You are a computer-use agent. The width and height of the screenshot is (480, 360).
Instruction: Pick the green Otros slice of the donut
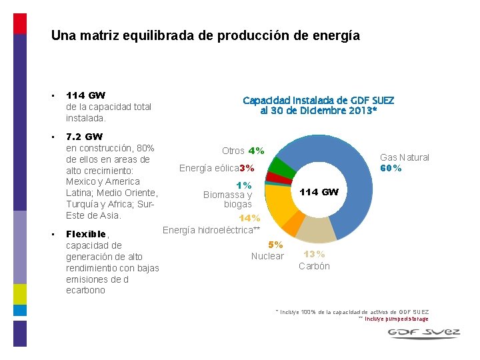tap(281, 167)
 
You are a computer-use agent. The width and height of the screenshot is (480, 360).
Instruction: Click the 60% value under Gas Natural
tap(391, 168)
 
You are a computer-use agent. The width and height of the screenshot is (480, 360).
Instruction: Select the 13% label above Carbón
tap(314, 254)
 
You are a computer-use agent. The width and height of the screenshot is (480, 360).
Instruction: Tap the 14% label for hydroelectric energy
tap(249, 218)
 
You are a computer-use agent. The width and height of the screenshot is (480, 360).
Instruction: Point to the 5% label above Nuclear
tap(275, 245)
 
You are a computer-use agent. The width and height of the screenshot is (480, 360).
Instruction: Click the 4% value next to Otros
tap(256, 151)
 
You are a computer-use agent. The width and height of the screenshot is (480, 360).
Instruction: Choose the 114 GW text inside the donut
tap(319, 192)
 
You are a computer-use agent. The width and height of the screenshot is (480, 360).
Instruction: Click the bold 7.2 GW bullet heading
tap(84, 137)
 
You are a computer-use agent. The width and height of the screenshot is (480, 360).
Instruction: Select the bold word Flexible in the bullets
tap(86, 234)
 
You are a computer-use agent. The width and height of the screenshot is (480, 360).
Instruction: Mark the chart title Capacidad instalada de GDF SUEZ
tap(318, 101)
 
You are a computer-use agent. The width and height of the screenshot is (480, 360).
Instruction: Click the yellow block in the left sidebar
tap(20, 294)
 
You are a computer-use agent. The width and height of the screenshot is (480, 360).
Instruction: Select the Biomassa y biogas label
tap(228, 199)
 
